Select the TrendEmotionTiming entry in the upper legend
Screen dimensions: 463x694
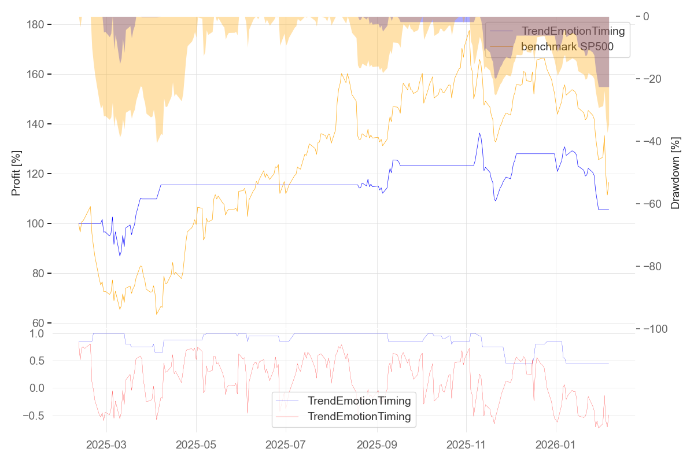coord(573,31)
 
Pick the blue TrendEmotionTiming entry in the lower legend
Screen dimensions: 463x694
coord(359,400)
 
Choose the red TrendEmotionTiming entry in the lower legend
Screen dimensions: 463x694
coord(359,416)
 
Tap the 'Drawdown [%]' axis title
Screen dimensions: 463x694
coord(674,173)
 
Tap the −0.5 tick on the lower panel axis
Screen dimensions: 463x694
coord(34,416)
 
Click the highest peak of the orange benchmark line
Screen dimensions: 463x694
coord(468,31)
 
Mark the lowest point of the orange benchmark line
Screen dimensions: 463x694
coord(156,314)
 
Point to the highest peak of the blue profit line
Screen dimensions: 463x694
coord(479,133)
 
